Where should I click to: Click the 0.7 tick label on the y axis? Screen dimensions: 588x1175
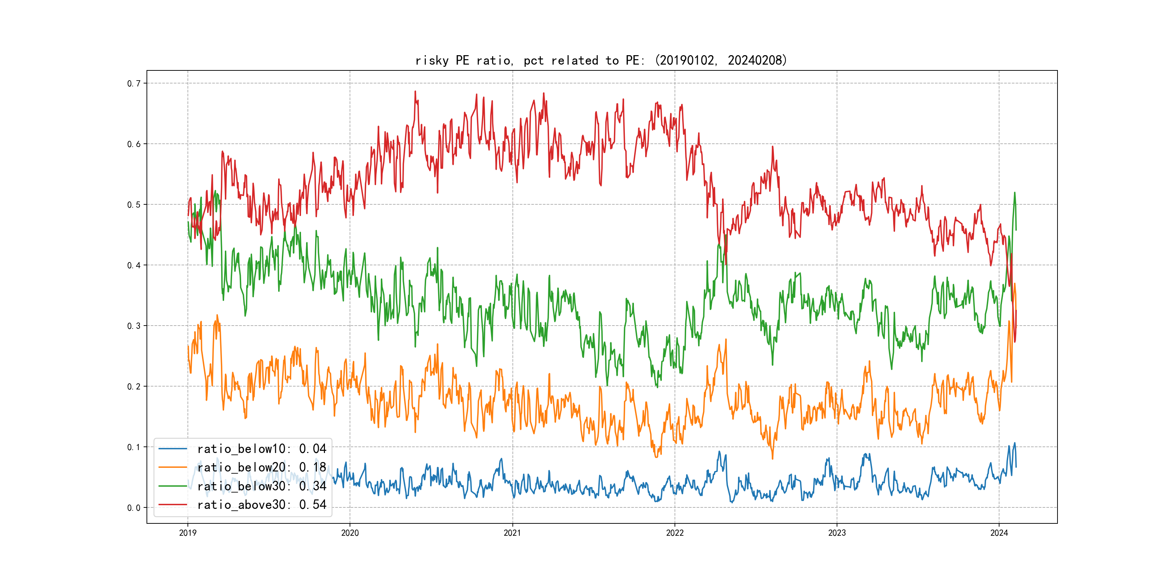[134, 83]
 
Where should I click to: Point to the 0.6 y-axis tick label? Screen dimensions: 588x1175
[134, 144]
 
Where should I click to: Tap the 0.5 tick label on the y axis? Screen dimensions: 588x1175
[134, 204]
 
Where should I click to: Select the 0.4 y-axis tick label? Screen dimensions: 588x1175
[134, 265]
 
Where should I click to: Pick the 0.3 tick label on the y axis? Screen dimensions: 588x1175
[134, 326]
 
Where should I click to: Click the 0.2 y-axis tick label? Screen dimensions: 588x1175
[134, 387]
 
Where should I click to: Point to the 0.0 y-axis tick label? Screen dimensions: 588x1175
[134, 508]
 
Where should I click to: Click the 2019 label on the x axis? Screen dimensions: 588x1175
[187, 533]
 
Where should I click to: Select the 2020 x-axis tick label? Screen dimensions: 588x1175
[350, 533]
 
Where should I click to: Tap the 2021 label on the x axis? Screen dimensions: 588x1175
[512, 533]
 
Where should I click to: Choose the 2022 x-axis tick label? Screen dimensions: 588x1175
[675, 533]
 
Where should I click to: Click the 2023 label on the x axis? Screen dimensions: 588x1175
[837, 533]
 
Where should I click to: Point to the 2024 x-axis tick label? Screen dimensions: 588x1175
[999, 533]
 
